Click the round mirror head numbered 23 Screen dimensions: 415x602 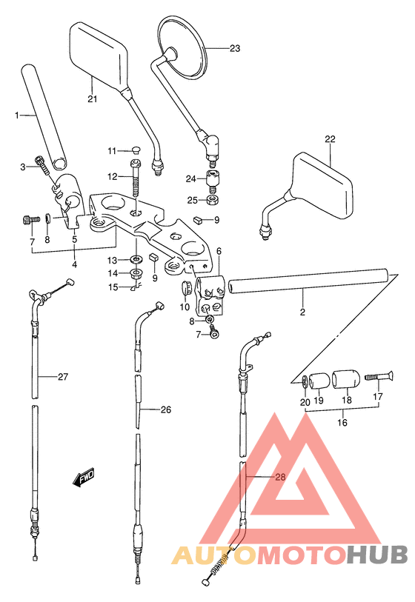point(182,47)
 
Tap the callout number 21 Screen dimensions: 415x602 point(92,99)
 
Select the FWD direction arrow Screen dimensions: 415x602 point(84,478)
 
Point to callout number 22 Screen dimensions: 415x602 point(330,138)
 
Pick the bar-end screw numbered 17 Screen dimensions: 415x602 point(379,376)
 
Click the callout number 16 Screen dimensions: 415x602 point(342,422)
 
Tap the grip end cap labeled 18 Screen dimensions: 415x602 point(347,380)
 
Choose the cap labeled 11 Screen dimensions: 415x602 point(136,150)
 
